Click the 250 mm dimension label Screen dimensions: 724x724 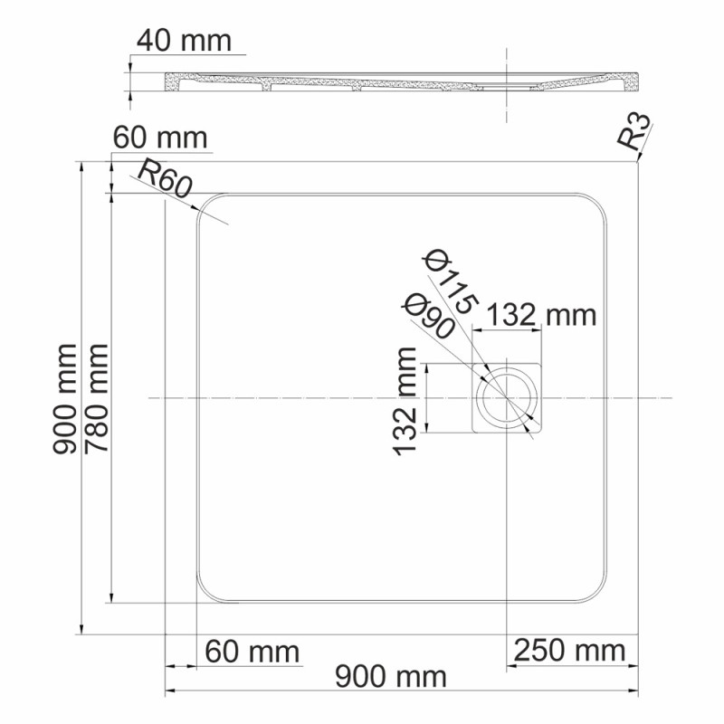tap(570, 650)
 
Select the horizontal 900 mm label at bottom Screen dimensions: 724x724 tap(390, 676)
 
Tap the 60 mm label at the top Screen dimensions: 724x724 tap(160, 138)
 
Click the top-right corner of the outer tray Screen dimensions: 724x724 tap(638, 163)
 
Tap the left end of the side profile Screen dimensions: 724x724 tap(168, 82)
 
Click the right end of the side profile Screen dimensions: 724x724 tap(638, 81)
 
